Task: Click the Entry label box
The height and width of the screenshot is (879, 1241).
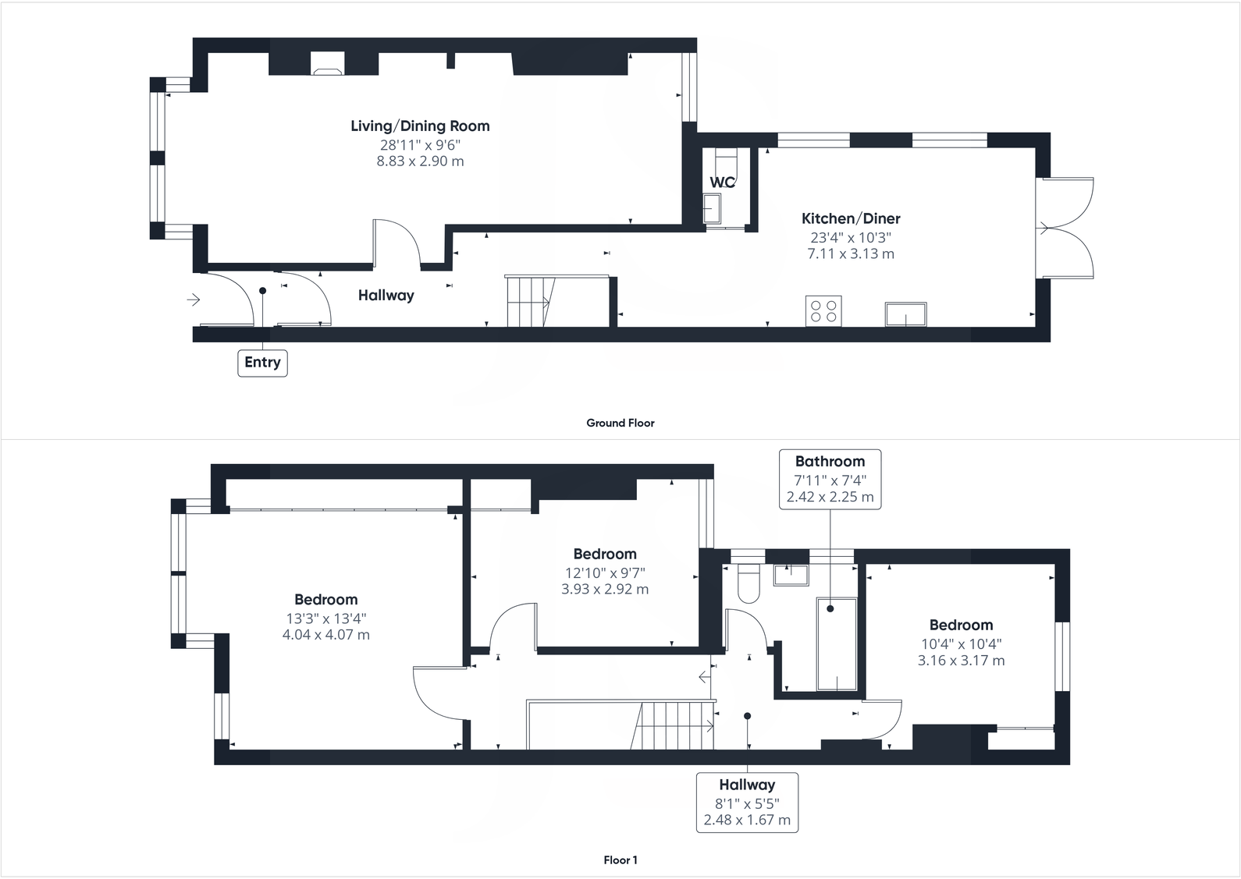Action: (262, 363)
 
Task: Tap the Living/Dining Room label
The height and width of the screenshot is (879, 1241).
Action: (420, 126)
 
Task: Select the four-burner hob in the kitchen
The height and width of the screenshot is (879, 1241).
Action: (823, 310)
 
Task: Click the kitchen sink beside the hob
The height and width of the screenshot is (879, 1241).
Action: (905, 314)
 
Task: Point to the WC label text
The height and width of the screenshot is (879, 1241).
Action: (722, 183)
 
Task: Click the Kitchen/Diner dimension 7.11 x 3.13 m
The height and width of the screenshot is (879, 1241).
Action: (851, 254)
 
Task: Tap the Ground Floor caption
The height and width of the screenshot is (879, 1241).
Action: (620, 423)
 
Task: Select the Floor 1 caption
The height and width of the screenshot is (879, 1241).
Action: (620, 860)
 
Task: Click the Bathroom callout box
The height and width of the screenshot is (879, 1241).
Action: (830, 479)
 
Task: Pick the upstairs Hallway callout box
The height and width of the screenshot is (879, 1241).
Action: (747, 802)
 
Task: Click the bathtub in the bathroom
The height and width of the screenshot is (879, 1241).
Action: (837, 644)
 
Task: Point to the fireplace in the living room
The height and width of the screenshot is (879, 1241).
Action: (327, 65)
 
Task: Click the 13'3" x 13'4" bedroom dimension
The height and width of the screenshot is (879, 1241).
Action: (326, 618)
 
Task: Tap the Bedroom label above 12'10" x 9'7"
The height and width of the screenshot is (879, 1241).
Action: (605, 555)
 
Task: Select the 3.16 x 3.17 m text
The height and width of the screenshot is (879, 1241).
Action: (961, 661)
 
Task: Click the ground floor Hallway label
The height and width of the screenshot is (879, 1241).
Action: (386, 296)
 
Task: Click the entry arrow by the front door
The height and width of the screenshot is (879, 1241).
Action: (194, 299)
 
